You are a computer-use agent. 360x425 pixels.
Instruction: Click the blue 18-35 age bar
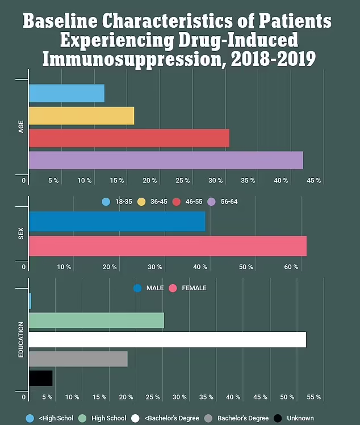pos(66,93)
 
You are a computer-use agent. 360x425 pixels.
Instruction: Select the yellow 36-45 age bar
pos(81,115)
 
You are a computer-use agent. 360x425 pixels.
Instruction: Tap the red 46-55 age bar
pos(129,138)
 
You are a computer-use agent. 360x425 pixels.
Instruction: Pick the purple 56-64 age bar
pos(165,160)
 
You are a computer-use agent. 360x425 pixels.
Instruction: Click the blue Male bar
pos(116,221)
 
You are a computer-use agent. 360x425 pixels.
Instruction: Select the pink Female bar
pos(167,246)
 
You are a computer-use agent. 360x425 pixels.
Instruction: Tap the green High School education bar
pos(96,320)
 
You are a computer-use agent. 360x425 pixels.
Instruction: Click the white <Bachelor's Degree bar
pos(167,340)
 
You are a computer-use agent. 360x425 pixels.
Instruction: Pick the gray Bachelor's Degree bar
pos(78,359)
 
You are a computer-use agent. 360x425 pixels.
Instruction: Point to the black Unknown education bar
pos(40,378)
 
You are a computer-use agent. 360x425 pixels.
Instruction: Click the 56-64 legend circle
pos(212,202)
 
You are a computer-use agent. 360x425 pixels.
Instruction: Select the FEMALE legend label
pos(194,288)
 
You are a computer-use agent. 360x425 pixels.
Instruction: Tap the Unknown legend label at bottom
pos(300,418)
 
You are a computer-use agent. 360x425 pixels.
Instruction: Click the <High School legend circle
pos(30,418)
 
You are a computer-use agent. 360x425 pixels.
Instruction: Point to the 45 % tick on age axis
pos(314,181)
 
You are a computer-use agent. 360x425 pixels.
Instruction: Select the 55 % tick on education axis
pos(314,397)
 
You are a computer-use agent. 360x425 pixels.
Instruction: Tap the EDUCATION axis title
pos(21,340)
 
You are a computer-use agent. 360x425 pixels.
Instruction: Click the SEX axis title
pos(21,234)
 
